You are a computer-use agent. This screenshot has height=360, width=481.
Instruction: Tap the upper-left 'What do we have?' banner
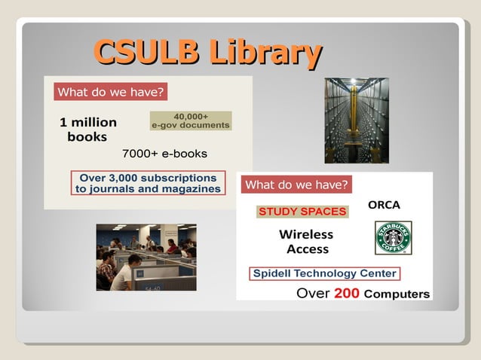[110, 93]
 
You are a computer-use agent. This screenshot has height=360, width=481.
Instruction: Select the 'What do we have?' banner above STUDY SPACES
[296, 185]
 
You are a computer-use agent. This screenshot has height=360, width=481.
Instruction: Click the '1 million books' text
[87, 130]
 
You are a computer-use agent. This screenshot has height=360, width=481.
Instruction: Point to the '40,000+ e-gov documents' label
[191, 121]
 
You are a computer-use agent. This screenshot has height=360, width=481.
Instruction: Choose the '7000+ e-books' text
[164, 154]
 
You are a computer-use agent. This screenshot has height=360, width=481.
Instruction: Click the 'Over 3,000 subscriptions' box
[149, 184]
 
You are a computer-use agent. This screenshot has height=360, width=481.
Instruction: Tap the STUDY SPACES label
[302, 212]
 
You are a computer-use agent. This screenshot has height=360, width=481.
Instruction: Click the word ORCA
[384, 205]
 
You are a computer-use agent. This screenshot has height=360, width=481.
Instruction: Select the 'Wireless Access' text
[308, 242]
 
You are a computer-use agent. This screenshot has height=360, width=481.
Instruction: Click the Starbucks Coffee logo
[394, 238]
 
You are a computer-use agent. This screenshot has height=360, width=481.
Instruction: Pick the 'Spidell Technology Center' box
[324, 273]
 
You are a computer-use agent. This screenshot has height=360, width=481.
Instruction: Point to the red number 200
[347, 293]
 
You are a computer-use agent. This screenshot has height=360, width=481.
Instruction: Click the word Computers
[397, 294]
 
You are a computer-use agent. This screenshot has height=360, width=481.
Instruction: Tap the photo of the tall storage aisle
[357, 121]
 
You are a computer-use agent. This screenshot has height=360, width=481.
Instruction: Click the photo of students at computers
[146, 258]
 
